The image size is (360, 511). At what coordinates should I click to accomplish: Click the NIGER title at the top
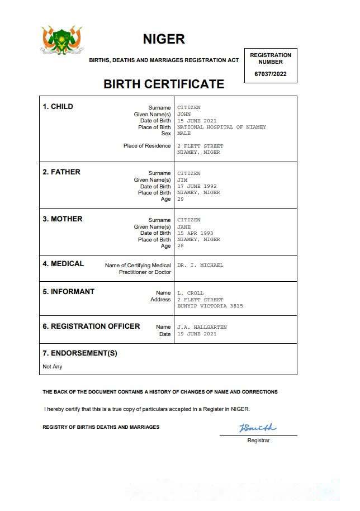(164, 39)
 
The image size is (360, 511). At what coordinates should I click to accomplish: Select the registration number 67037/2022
(271, 74)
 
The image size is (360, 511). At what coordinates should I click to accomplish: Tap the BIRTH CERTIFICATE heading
(164, 84)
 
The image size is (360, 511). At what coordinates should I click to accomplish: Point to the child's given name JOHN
(184, 114)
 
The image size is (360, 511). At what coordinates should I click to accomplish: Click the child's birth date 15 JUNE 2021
(197, 121)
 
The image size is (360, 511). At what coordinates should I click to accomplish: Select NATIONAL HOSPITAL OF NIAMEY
(221, 127)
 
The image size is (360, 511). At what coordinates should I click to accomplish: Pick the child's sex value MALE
(184, 134)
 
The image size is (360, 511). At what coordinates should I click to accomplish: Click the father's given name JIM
(182, 180)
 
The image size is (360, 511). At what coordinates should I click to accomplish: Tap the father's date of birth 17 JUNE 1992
(197, 186)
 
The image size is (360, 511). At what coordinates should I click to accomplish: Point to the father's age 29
(180, 199)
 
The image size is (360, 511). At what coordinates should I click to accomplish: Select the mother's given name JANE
(184, 227)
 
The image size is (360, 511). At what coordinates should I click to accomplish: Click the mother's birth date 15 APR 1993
(195, 233)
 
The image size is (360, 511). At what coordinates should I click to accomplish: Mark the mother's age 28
(180, 246)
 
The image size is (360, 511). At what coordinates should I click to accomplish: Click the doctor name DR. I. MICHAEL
(200, 265)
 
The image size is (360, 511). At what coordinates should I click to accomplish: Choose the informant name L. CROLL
(191, 293)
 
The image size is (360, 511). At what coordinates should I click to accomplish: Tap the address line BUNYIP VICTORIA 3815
(210, 306)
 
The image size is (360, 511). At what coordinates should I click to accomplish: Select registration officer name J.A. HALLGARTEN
(202, 327)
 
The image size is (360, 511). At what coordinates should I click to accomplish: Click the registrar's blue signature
(258, 428)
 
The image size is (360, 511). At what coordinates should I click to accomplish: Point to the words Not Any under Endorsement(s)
(53, 367)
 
